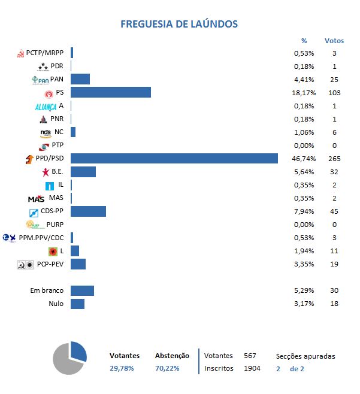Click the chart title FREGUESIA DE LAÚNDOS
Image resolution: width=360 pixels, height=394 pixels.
click(x=179, y=24)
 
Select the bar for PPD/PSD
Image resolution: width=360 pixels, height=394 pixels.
click(x=174, y=159)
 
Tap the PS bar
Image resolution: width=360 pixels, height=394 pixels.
click(x=111, y=92)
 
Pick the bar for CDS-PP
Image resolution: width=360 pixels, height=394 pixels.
click(x=88, y=211)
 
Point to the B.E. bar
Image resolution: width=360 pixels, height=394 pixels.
click(x=83, y=172)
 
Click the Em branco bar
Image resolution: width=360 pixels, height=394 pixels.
click(x=82, y=290)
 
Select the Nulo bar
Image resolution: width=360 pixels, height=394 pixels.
click(x=77, y=304)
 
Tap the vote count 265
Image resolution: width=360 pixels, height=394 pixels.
click(x=334, y=159)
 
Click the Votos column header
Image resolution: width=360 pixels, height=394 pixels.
click(x=334, y=41)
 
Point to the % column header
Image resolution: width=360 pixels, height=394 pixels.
click(x=304, y=41)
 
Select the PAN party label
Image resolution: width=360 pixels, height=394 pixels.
click(x=57, y=79)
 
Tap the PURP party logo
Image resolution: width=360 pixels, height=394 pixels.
click(x=35, y=225)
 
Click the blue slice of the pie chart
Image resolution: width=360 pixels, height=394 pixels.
click(x=78, y=352)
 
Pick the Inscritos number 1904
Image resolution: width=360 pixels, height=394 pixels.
click(x=252, y=368)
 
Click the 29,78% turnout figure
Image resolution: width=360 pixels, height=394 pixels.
click(x=122, y=368)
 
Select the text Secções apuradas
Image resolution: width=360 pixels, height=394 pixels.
click(x=305, y=356)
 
